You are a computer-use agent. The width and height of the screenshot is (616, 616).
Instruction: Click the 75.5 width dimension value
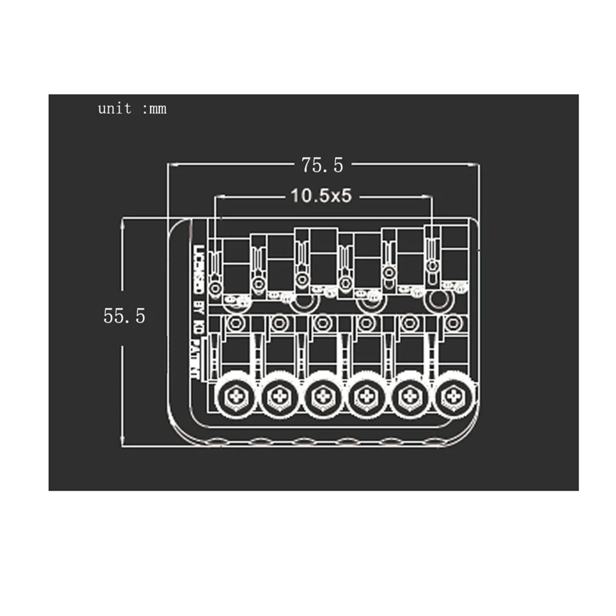pos(322,165)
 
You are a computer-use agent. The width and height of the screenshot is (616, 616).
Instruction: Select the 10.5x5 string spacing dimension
pos(321,196)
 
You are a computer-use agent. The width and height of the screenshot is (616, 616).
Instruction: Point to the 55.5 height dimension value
pos(125,316)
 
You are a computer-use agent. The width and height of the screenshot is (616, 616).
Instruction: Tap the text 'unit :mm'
pos(132,109)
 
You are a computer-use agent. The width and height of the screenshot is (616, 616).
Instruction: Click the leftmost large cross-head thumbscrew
pos(235,396)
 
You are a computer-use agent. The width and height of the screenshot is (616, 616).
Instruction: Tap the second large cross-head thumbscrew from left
pos(279,396)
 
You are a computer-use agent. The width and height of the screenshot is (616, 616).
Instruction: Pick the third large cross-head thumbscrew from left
pos(323,396)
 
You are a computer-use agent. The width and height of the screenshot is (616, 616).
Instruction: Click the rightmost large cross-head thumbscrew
pos(452,396)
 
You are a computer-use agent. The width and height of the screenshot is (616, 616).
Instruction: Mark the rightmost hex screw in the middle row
pos(452,324)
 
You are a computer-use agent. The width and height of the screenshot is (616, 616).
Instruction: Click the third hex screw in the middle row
pos(323,324)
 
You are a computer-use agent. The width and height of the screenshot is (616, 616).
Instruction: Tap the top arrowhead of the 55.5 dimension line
pos(123,221)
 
